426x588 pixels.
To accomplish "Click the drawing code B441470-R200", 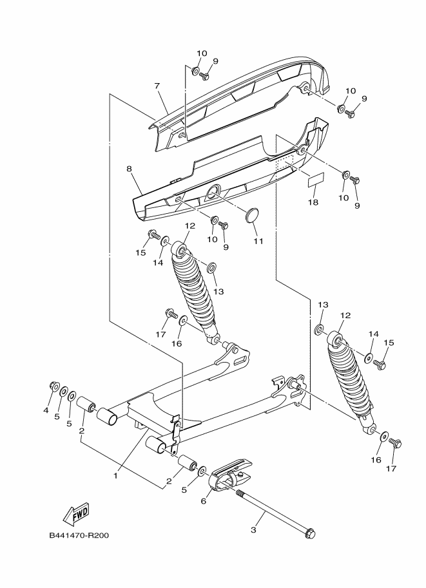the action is click(79, 535).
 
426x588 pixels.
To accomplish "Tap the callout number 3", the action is click(253, 530).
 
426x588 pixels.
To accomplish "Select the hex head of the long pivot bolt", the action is click(310, 534).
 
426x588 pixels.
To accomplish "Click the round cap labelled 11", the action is click(252, 218).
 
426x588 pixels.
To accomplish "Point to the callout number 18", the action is click(313, 202).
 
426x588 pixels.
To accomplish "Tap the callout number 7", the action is click(157, 86).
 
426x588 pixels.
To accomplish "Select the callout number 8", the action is click(129, 169).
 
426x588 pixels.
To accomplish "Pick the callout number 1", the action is click(116, 475).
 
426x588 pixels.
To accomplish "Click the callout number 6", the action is click(204, 501).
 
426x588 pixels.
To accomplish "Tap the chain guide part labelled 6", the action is click(229, 474).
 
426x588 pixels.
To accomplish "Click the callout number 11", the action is click(258, 241).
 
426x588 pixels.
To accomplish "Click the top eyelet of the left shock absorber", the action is click(179, 249).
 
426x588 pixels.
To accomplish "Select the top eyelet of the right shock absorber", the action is click(335, 339).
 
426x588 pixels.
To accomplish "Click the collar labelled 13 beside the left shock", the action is click(211, 268).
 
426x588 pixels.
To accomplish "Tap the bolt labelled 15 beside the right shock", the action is click(380, 363).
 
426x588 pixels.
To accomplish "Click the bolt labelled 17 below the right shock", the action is click(396, 442).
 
